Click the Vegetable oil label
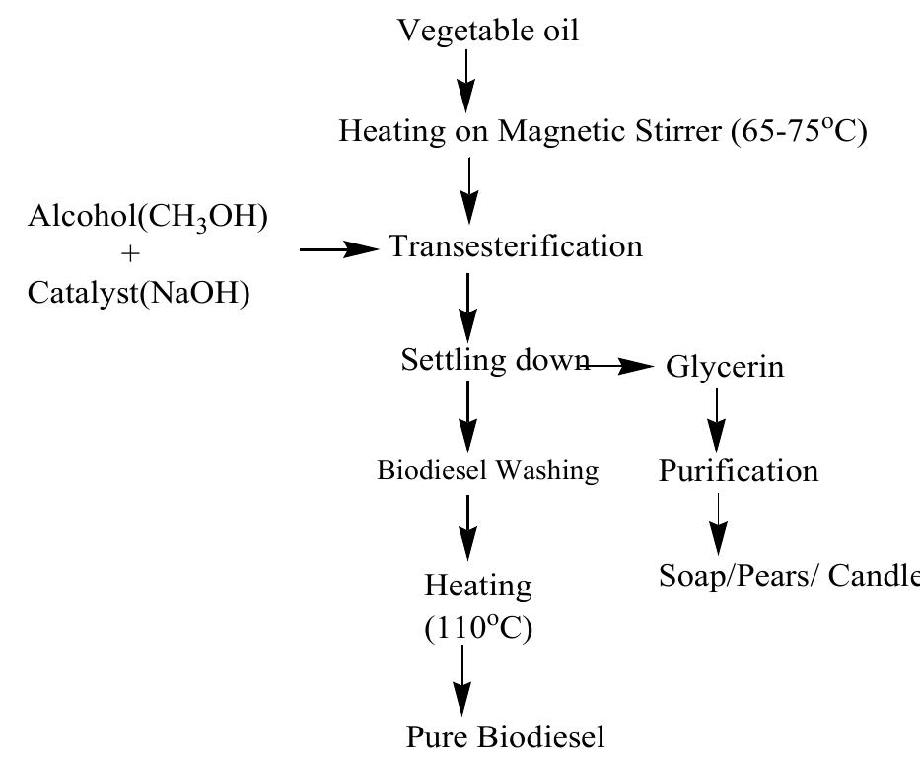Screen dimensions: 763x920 coord(487,31)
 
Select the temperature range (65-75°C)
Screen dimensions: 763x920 coord(799,131)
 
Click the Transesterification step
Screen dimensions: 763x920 coord(516,245)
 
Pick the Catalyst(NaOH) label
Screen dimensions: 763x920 coord(138,293)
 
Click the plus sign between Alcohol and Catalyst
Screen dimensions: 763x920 coord(131,255)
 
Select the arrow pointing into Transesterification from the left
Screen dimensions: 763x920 coord(339,250)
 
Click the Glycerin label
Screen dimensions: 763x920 coord(725,367)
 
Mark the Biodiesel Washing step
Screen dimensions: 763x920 coord(487,470)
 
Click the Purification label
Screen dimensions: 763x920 coord(738,471)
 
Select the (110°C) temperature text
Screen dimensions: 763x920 coord(478,628)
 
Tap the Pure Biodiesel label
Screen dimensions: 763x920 coord(506,736)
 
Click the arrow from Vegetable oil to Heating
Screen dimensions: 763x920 coord(467,79)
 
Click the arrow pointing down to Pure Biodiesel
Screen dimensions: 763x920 coord(460,684)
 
